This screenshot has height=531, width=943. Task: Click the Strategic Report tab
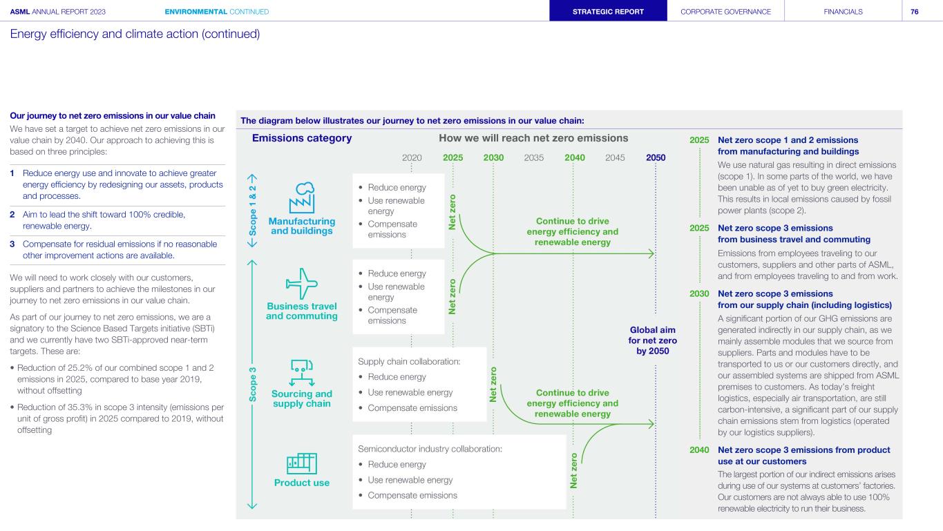pyautogui.click(x=608, y=11)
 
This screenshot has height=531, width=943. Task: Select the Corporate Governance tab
pyautogui.click(x=726, y=11)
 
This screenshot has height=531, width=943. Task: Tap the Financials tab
pyautogui.click(x=844, y=11)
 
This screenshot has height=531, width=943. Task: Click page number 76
pyautogui.click(x=915, y=12)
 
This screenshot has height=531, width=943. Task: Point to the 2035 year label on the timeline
pyautogui.click(x=534, y=158)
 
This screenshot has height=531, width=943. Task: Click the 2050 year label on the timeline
pyautogui.click(x=656, y=158)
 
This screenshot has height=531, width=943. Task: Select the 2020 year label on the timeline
pyautogui.click(x=412, y=158)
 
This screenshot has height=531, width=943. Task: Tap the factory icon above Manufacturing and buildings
pyautogui.click(x=302, y=197)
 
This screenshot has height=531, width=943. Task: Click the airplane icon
pyautogui.click(x=301, y=284)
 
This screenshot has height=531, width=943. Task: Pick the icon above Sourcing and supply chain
pyautogui.click(x=302, y=373)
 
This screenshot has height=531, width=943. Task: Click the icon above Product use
pyautogui.click(x=302, y=463)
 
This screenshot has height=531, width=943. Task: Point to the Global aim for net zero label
pyautogui.click(x=653, y=340)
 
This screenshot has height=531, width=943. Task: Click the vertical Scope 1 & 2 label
pyautogui.click(x=253, y=211)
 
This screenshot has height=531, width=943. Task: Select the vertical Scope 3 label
pyautogui.click(x=253, y=385)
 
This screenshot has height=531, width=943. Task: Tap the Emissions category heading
pyautogui.click(x=302, y=138)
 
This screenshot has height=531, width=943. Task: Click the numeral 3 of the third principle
pyautogui.click(x=12, y=244)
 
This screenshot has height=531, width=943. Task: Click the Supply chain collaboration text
pyautogui.click(x=409, y=361)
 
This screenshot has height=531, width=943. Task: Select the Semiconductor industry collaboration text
pyautogui.click(x=430, y=449)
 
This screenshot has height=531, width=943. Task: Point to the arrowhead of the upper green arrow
pyautogui.click(x=653, y=253)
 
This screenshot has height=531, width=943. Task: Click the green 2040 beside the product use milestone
pyautogui.click(x=699, y=450)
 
